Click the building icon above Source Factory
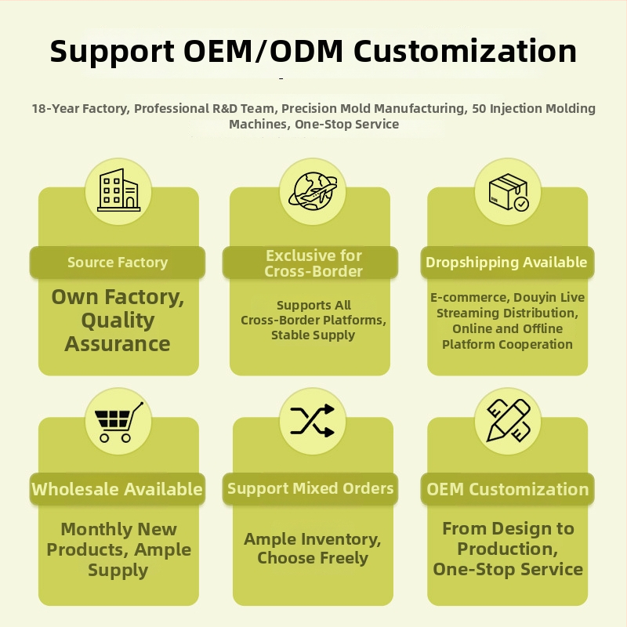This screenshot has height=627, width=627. pyautogui.click(x=119, y=190)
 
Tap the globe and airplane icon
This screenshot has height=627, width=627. pyautogui.click(x=313, y=191)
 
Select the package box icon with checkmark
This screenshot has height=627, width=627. pyautogui.click(x=508, y=192)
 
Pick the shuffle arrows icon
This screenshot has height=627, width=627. pyautogui.click(x=312, y=420)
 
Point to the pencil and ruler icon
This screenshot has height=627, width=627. pyautogui.click(x=508, y=420)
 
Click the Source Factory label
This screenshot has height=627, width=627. pyautogui.click(x=118, y=263)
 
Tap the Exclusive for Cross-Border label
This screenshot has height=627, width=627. pyautogui.click(x=313, y=263)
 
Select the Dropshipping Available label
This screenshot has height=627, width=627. pyautogui.click(x=506, y=263)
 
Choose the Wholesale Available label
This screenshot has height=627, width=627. pyautogui.click(x=117, y=489)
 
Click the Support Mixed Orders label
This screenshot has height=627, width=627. pyautogui.click(x=310, y=488)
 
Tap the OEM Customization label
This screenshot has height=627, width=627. pyautogui.click(x=507, y=489)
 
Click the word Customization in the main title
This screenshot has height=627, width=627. pyautogui.click(x=465, y=51)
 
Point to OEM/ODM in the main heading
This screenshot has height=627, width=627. pyautogui.click(x=263, y=51)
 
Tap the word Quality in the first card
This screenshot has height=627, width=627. pyautogui.click(x=118, y=321)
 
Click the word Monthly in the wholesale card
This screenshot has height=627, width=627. pyautogui.click(x=96, y=530)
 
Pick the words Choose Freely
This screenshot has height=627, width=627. pyautogui.click(x=312, y=558)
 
